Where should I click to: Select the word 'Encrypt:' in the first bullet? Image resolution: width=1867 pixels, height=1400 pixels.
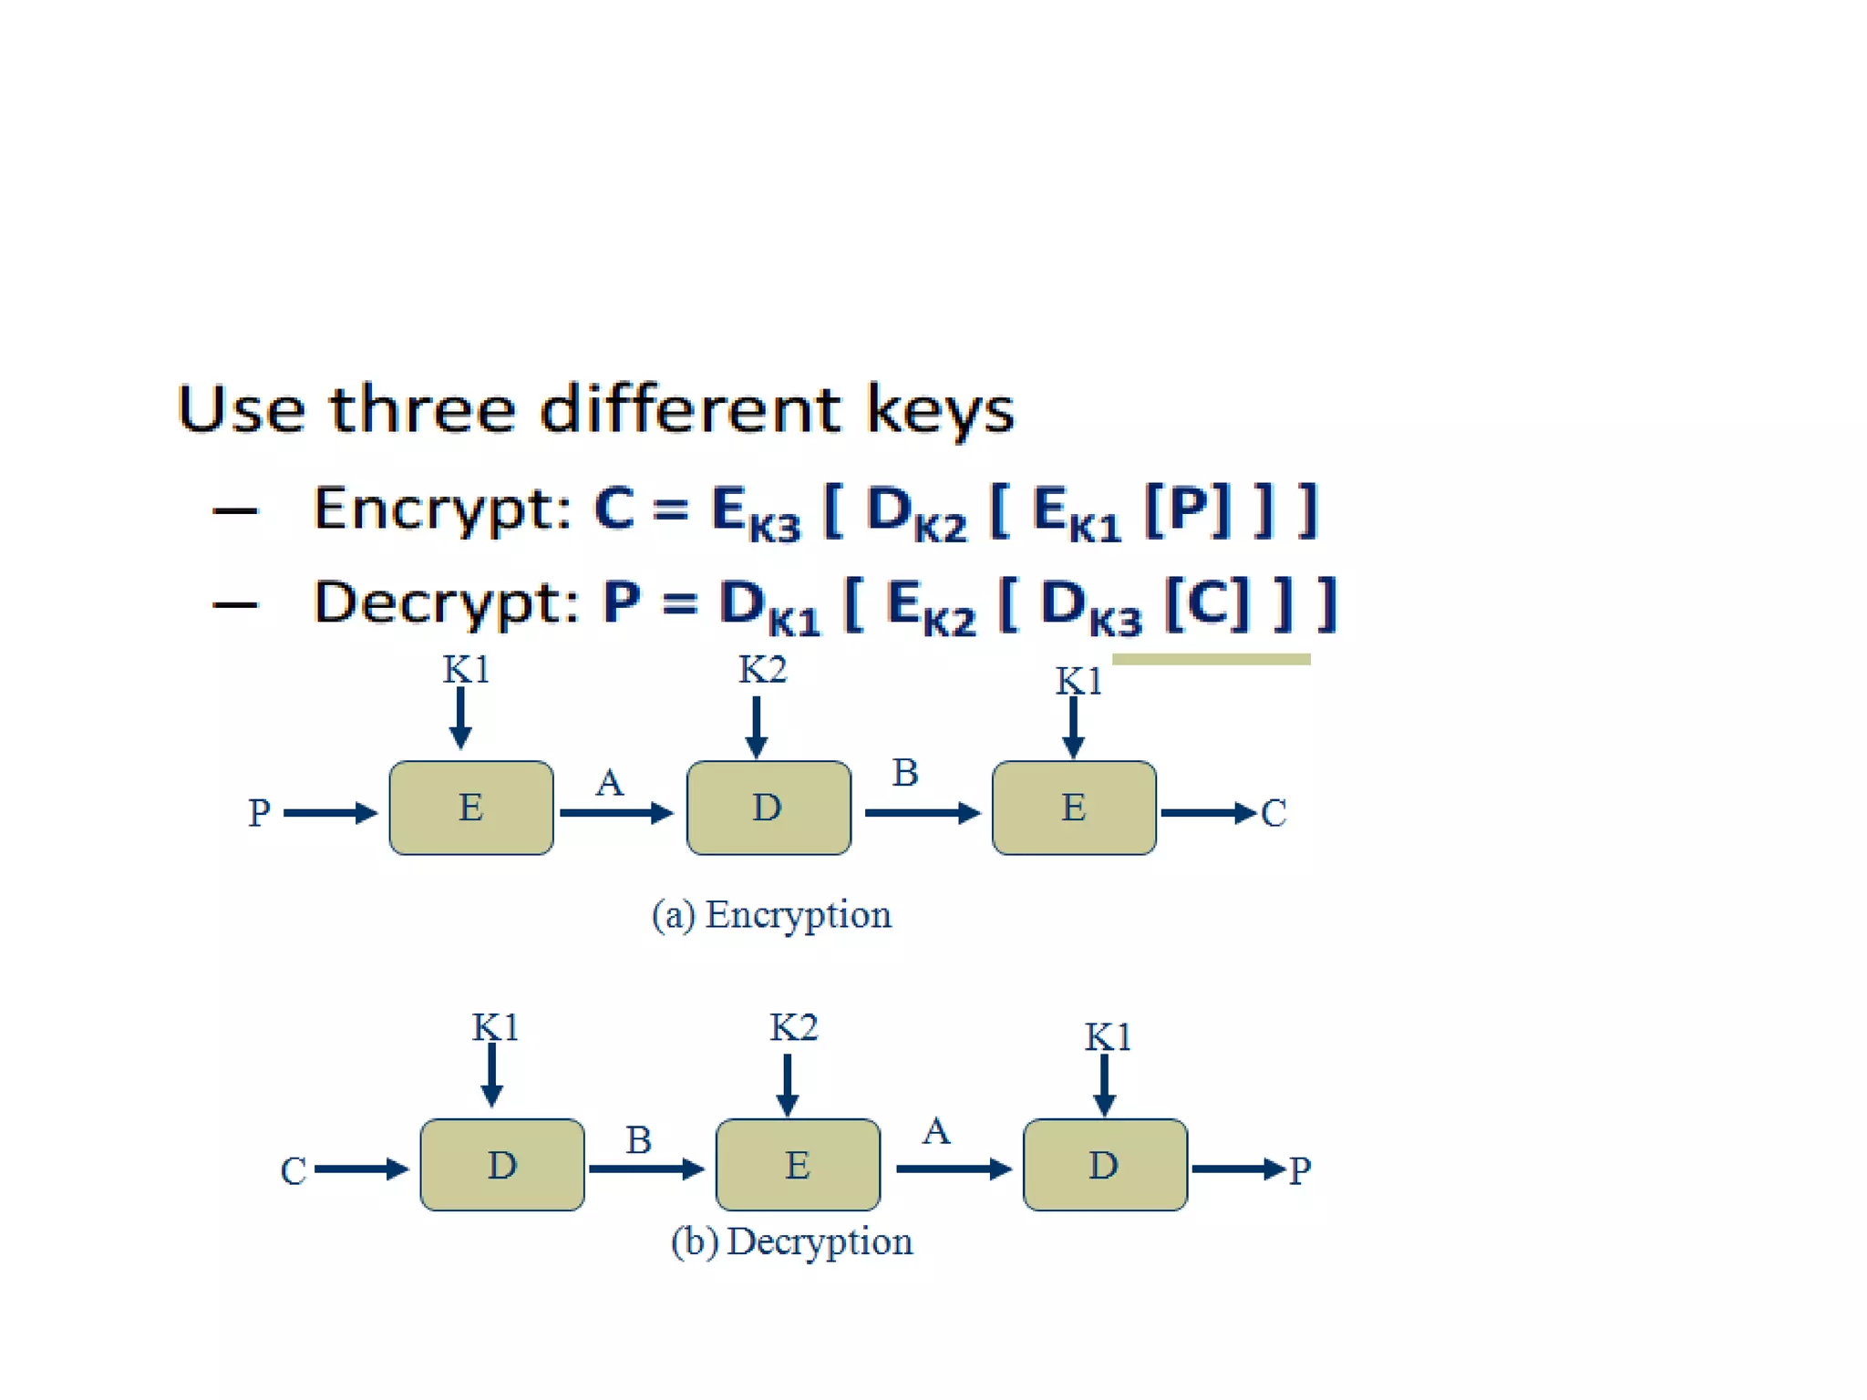(442, 509)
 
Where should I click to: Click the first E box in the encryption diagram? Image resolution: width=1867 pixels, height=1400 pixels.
(471, 808)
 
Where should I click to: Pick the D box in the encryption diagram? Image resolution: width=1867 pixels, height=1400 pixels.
(768, 808)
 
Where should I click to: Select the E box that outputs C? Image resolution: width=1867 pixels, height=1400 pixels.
(1074, 808)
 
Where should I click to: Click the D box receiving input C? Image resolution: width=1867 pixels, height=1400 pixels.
(502, 1165)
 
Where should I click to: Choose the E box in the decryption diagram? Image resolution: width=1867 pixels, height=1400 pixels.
(798, 1165)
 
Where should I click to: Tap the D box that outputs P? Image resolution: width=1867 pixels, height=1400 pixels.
(1105, 1165)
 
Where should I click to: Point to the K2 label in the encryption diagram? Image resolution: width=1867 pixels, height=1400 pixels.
(762, 671)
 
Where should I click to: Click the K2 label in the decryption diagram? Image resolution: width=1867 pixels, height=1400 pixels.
(793, 1028)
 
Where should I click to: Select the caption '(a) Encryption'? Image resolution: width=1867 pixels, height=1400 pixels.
(771, 915)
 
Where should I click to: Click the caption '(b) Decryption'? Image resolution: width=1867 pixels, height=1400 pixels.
(791, 1241)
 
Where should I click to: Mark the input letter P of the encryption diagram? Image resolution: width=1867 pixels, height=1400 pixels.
(259, 813)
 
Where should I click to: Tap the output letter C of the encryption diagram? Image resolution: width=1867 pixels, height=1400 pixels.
(1274, 813)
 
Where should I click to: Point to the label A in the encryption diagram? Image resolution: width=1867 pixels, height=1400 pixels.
(610, 783)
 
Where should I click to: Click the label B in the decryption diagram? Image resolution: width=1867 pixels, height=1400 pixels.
(638, 1140)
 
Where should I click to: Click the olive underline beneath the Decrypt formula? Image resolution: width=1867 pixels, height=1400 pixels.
(1211, 659)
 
